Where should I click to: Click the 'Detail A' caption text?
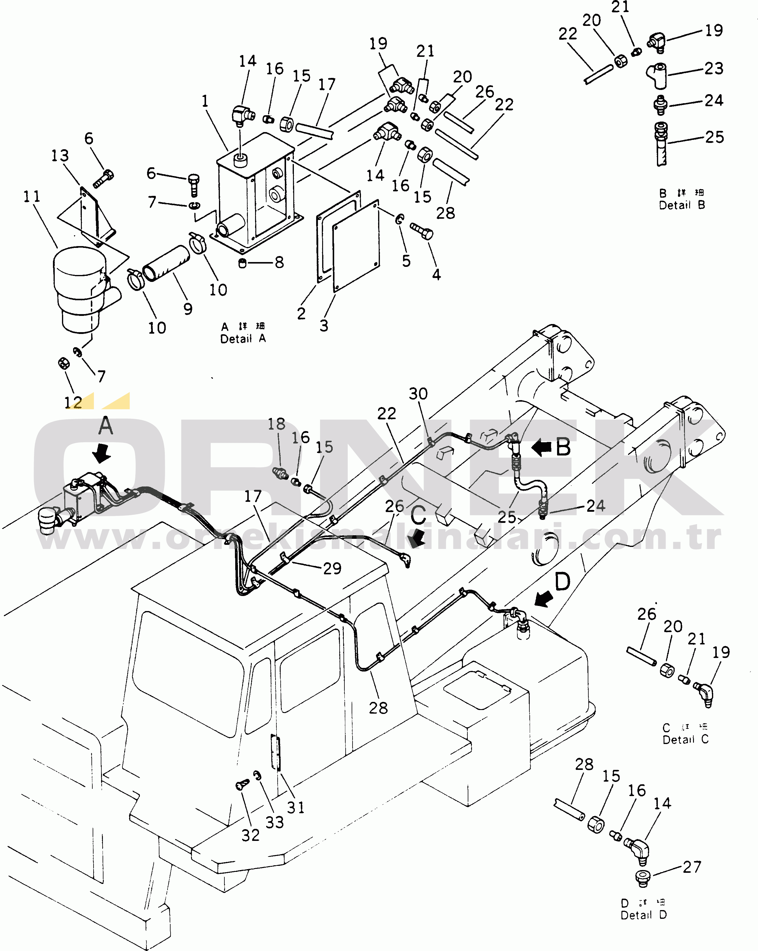(x=243, y=339)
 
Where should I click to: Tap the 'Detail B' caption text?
(x=682, y=205)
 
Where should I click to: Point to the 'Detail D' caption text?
(x=643, y=915)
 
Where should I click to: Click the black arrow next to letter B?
(x=542, y=447)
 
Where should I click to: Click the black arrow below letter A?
(x=103, y=453)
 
